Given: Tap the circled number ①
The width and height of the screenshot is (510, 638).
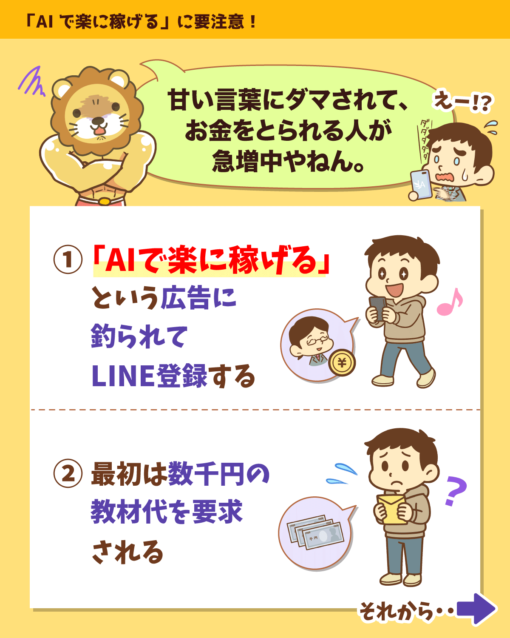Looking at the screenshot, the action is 68,259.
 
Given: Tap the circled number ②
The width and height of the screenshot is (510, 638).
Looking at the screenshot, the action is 68,473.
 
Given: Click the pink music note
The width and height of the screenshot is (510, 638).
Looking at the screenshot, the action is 450,302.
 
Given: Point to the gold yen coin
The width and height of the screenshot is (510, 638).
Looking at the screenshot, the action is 342,362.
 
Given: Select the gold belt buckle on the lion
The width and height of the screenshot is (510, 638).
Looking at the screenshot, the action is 104,201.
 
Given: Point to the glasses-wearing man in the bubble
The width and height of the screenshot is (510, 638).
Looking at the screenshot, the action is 310,341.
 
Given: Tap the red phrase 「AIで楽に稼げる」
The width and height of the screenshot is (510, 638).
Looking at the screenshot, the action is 211,260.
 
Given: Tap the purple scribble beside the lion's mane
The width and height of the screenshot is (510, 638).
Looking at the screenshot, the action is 32,81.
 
